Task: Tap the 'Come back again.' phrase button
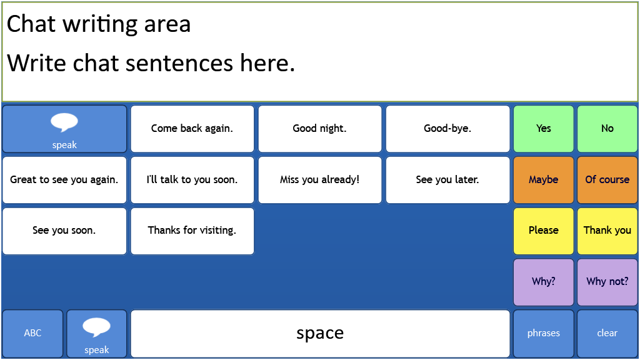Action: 192,129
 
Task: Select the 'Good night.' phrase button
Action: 320,129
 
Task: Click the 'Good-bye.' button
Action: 447,129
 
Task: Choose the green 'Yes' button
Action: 544,129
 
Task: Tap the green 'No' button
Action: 607,129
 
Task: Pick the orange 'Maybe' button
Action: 544,179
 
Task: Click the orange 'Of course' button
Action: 607,179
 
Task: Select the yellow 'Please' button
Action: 544,231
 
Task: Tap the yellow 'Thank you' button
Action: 607,231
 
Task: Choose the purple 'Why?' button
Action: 544,282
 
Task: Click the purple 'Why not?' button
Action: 607,282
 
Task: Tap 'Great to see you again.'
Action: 64,179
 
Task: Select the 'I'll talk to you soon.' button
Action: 192,179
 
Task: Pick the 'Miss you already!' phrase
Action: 320,179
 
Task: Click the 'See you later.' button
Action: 447,179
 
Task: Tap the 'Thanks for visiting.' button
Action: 192,231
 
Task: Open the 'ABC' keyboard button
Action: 32,333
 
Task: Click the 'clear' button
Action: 607,333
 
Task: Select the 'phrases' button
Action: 544,333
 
